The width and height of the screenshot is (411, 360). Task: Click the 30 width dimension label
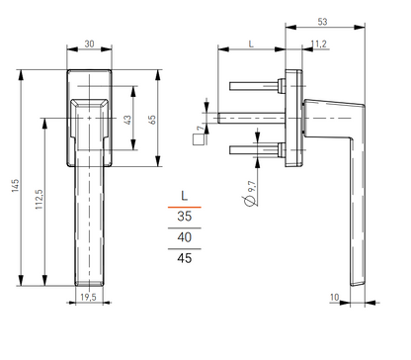click(89, 44)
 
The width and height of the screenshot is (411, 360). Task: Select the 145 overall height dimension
click(15, 186)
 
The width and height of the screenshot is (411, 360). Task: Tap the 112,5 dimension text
click(40, 199)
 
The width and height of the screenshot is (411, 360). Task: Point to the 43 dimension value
click(127, 120)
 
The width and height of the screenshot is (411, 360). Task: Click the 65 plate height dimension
click(152, 120)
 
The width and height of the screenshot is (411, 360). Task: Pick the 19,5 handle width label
click(88, 297)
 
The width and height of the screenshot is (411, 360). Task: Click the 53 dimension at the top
click(322, 22)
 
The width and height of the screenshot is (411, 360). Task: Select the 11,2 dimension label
click(319, 44)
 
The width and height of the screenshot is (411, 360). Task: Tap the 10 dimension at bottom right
click(334, 297)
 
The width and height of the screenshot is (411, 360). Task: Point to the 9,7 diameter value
click(252, 186)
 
